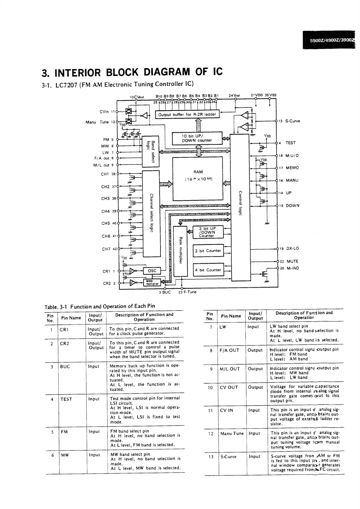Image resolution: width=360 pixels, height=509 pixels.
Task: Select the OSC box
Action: click(152, 271)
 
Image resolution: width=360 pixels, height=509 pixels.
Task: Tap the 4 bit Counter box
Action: click(208, 270)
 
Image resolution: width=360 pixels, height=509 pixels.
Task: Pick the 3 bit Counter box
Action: click(208, 250)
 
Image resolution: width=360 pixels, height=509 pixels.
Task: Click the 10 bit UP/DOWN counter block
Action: click(197, 138)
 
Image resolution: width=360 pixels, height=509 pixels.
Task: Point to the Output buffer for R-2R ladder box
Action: click(187, 115)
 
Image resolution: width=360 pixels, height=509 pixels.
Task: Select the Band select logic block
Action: click(150, 151)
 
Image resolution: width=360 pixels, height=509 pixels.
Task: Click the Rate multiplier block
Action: click(180, 251)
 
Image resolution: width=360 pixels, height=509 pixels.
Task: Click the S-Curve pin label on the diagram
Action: click(293, 121)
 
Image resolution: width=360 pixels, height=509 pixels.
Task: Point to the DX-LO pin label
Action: click(292, 248)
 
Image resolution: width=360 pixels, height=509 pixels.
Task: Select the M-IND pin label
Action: click(293, 268)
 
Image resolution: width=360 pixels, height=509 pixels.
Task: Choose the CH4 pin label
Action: click(105, 211)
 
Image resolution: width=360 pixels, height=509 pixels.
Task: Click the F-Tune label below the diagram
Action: click(190, 292)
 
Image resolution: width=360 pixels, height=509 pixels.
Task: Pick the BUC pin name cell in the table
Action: click(65, 367)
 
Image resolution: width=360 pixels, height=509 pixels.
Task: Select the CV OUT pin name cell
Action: click(229, 387)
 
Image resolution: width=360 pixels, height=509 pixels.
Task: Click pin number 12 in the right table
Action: click(211, 434)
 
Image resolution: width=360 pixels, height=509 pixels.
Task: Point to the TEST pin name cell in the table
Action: click(66, 399)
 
